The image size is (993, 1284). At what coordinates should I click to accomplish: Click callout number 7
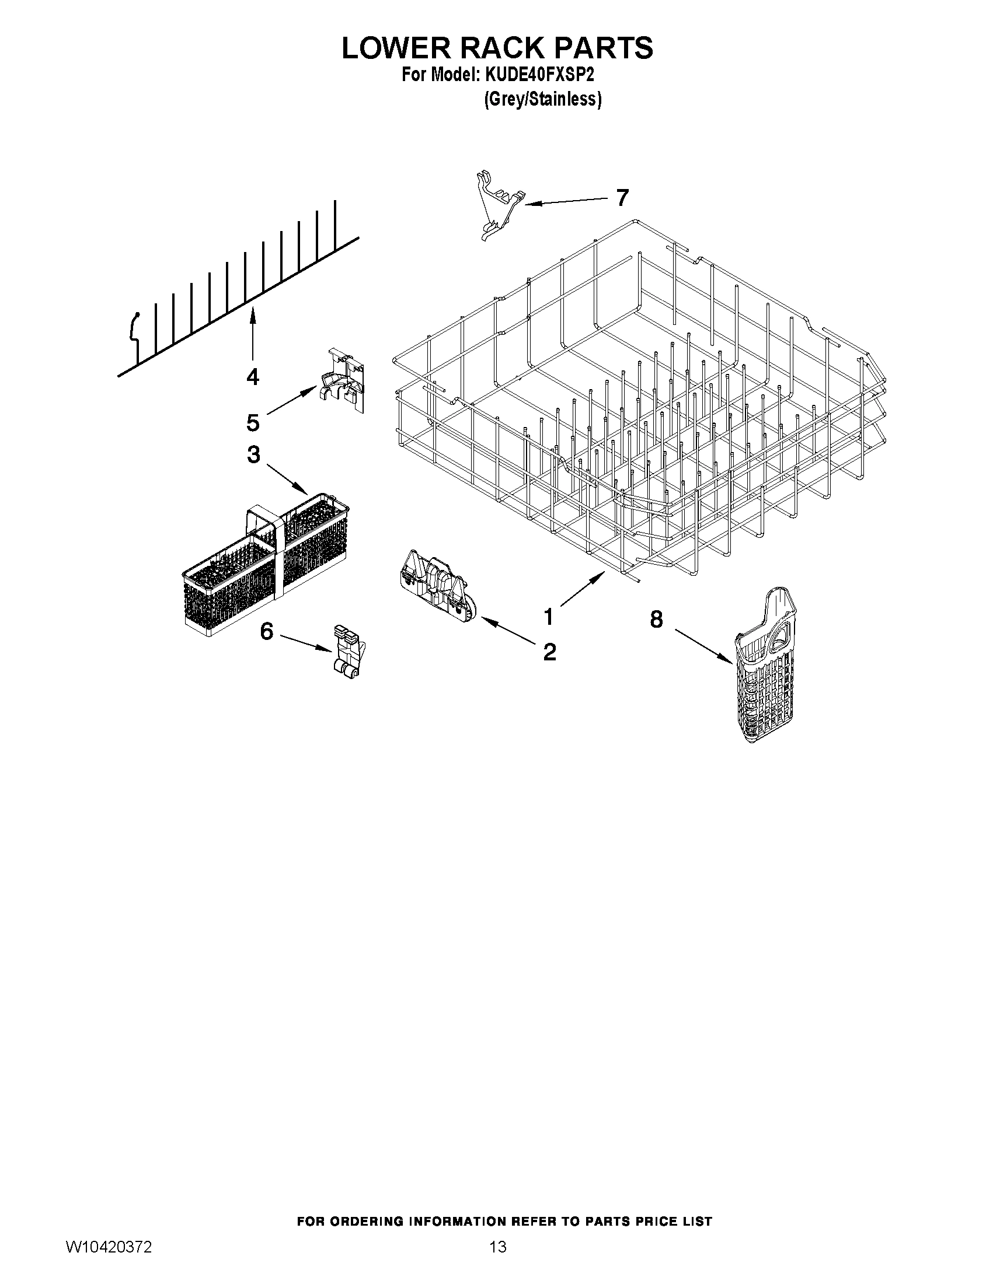tap(622, 198)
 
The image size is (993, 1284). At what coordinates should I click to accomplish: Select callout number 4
tap(252, 376)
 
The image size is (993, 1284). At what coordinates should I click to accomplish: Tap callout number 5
tap(252, 422)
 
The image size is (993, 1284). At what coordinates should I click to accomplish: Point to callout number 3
tap(253, 454)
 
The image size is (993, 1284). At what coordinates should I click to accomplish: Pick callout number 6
tap(266, 631)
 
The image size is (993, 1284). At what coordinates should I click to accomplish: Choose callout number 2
tap(549, 652)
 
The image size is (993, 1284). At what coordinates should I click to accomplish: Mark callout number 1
tap(548, 617)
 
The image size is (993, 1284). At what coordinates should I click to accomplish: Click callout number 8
tap(657, 619)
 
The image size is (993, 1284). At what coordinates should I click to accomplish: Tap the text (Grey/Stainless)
tap(542, 99)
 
